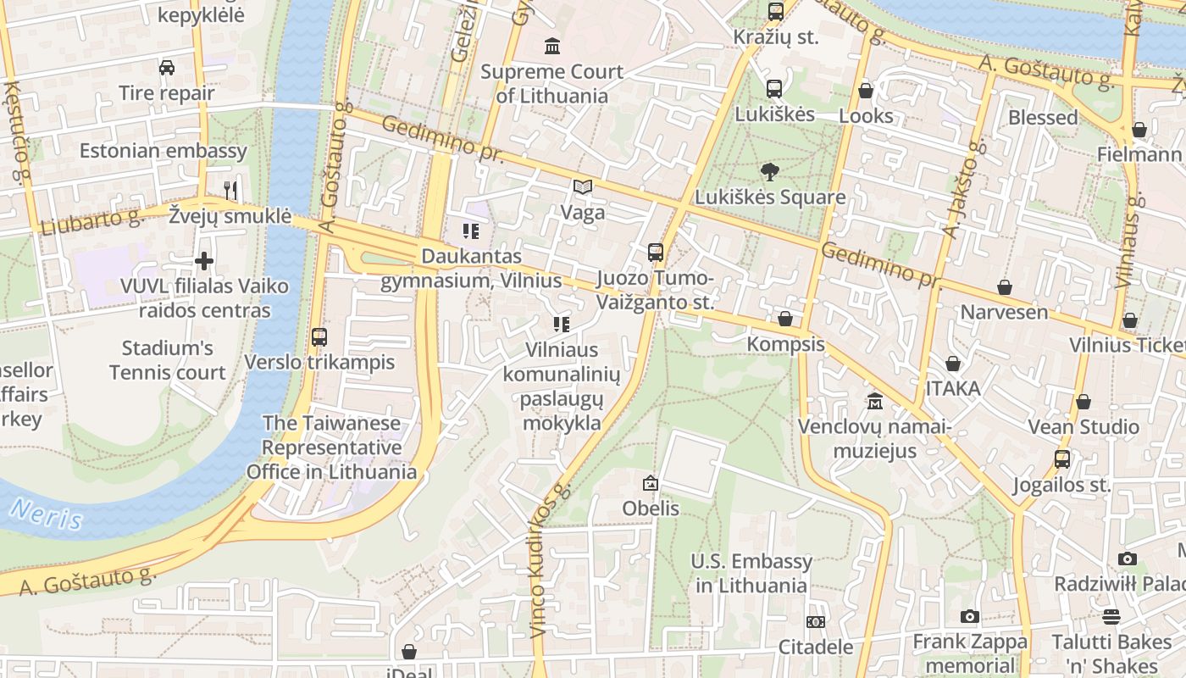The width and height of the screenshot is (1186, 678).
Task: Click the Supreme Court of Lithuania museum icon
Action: [x=552, y=46]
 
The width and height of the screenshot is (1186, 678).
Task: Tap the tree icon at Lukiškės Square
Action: [x=770, y=172]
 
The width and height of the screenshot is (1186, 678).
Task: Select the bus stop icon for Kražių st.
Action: [x=775, y=12]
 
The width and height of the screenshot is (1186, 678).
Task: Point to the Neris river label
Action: [x=47, y=514]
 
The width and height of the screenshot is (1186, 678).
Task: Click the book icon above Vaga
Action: [x=583, y=187]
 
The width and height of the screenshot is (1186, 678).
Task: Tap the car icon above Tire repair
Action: [x=167, y=68]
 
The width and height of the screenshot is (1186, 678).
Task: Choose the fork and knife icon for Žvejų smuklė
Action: [x=230, y=190]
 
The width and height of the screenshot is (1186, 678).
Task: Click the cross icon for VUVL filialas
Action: [x=204, y=261]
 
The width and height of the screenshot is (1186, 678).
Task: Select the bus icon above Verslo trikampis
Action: [x=319, y=336]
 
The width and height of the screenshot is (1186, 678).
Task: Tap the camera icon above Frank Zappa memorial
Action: [x=970, y=617]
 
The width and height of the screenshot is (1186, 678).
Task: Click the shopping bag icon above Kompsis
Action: [x=785, y=320]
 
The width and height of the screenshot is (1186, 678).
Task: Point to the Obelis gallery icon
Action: [x=651, y=483]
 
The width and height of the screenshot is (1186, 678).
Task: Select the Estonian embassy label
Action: [x=163, y=151]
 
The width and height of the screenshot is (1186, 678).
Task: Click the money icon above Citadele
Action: [x=816, y=622]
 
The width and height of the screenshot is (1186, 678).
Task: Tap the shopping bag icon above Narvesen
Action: [x=1004, y=287]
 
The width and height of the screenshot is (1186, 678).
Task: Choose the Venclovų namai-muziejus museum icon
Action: [x=874, y=401]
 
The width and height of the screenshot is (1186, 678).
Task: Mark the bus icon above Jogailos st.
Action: [x=1061, y=459]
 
